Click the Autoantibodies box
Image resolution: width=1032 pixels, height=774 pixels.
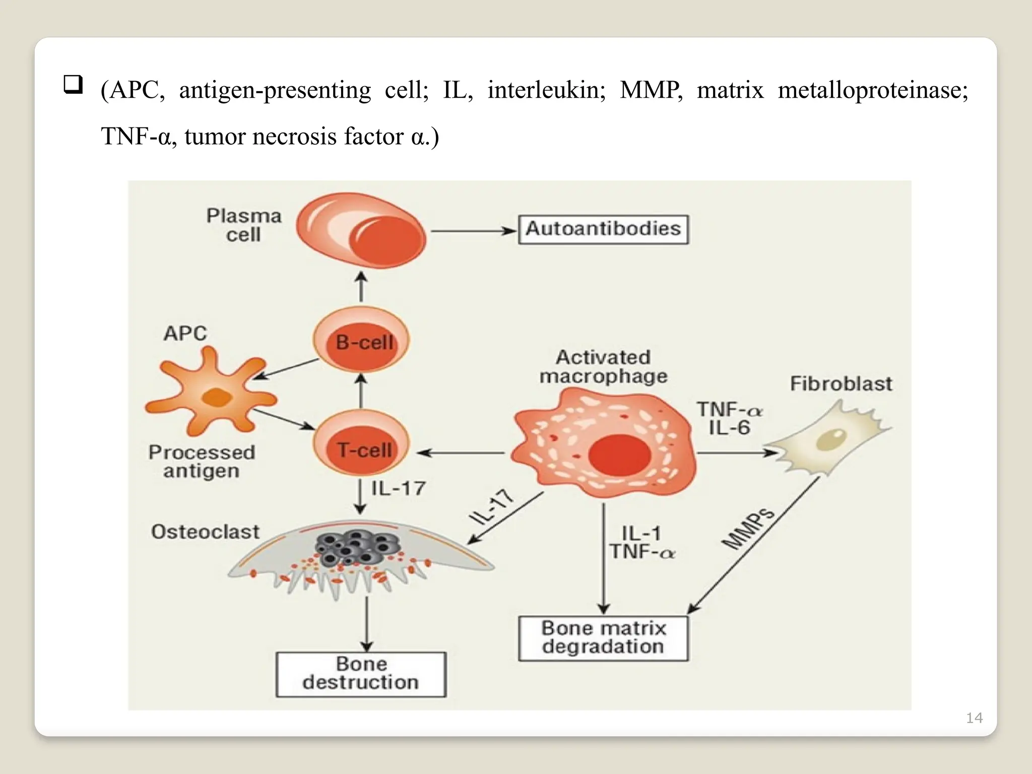[603, 230]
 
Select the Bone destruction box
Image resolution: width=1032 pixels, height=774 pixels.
[361, 674]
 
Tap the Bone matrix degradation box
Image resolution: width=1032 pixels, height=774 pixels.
[603, 638]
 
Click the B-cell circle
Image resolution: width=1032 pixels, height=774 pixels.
[361, 342]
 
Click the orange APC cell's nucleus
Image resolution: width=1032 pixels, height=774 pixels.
[217, 398]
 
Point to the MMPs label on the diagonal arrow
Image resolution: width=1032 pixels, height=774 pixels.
[748, 528]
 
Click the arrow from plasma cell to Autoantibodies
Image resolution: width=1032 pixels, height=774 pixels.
[474, 231]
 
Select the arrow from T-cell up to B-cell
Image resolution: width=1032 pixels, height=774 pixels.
[361, 391]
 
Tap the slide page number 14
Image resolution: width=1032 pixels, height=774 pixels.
[974, 718]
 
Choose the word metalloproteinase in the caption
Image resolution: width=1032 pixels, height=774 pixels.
[873, 90]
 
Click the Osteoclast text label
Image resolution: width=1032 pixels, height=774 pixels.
[205, 532]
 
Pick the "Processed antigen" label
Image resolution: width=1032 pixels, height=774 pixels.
[202, 461]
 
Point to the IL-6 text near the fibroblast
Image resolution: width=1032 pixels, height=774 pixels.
[729, 428]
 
